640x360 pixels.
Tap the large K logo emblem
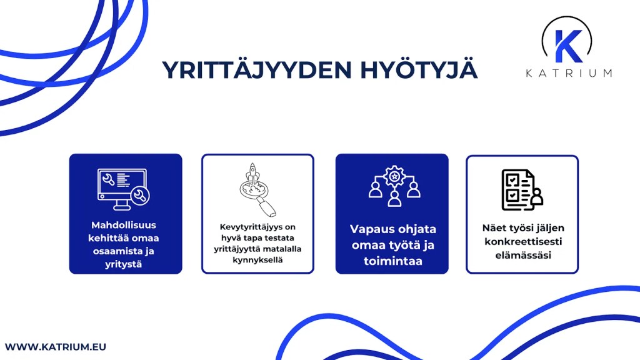click(567, 42)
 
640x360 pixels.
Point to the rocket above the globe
click(253, 171)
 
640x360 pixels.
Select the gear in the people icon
click(394, 177)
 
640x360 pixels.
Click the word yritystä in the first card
click(125, 264)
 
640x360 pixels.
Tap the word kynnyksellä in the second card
click(257, 259)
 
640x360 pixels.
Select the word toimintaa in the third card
click(392, 261)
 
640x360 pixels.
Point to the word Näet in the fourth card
click(494, 228)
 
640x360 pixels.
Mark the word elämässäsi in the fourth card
click(522, 255)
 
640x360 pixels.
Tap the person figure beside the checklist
click(535, 197)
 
